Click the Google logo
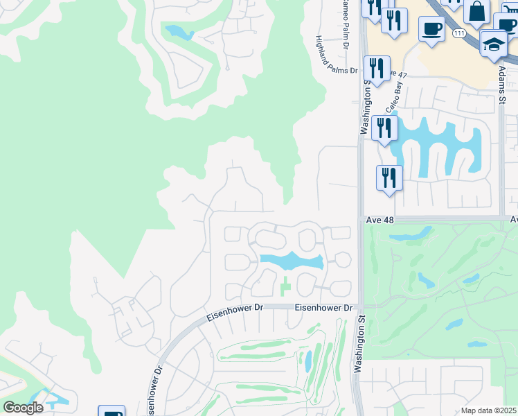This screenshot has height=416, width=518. click(x=23, y=408)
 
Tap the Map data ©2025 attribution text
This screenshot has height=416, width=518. click(x=489, y=410)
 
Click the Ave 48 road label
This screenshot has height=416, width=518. click(x=379, y=219)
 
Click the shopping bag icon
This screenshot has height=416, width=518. click(x=477, y=12)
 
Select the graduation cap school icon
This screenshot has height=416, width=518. click(x=493, y=44)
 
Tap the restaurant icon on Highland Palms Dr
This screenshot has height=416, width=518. click(x=377, y=68)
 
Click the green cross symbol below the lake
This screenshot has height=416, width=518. click(x=285, y=285)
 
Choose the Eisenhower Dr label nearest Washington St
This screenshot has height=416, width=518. click(x=323, y=307)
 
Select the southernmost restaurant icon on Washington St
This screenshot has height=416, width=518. click(x=389, y=177)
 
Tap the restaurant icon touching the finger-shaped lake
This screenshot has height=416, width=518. click(x=384, y=128)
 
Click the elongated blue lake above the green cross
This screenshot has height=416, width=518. click(x=291, y=261)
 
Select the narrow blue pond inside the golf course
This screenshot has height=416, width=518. click(x=308, y=361)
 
